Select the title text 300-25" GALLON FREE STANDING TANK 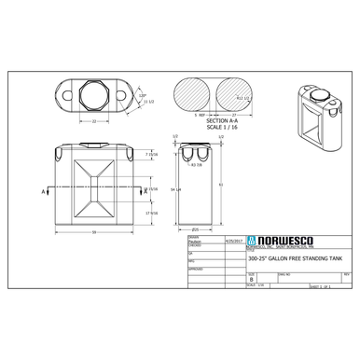click(284, 259)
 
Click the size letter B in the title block click(251, 278)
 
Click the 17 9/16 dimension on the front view click(151, 213)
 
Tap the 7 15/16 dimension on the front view click(151, 154)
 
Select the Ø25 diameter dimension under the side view click(195, 228)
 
